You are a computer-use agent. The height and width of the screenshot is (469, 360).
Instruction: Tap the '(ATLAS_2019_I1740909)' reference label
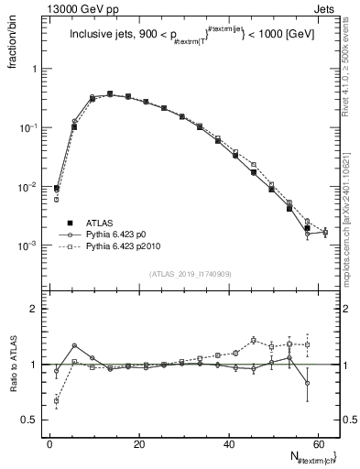tap(189, 274)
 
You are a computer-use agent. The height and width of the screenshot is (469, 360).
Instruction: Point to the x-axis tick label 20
tap(138, 444)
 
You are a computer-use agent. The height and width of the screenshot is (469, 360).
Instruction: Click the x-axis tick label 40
tap(227, 444)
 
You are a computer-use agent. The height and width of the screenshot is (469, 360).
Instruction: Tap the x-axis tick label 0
tap(49, 444)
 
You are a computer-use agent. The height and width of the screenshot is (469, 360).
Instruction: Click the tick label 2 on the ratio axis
tap(34, 309)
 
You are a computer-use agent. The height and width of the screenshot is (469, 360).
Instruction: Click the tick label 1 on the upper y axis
tap(34, 69)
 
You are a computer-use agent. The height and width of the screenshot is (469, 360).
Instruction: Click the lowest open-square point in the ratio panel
tap(57, 400)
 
